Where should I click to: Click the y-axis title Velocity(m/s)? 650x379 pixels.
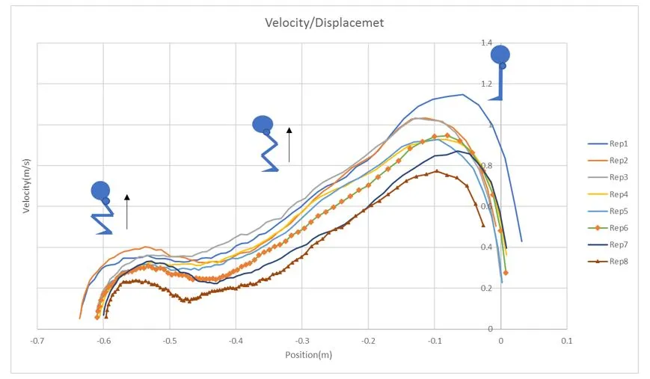[26, 186]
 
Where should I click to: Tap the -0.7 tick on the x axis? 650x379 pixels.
[37, 340]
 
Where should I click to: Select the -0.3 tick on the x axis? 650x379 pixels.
[301, 340]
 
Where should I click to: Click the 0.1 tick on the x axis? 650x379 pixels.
[566, 340]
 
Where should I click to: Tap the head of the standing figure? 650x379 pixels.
[500, 55]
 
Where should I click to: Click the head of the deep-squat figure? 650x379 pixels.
[100, 191]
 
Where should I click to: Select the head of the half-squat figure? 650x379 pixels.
[263, 124]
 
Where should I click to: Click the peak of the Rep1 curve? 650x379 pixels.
[462, 95]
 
